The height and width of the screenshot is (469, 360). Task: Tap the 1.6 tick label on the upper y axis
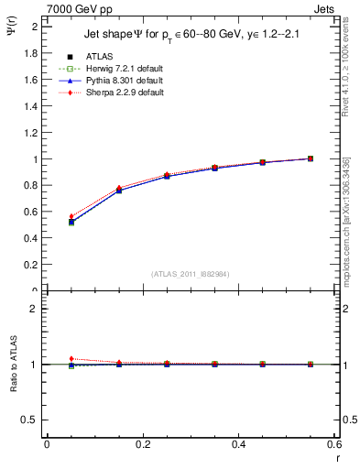[31, 80]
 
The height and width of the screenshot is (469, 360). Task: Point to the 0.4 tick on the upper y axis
[31, 239]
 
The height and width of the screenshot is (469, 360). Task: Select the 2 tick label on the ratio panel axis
[35, 309]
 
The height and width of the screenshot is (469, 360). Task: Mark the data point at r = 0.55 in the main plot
[311, 158]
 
